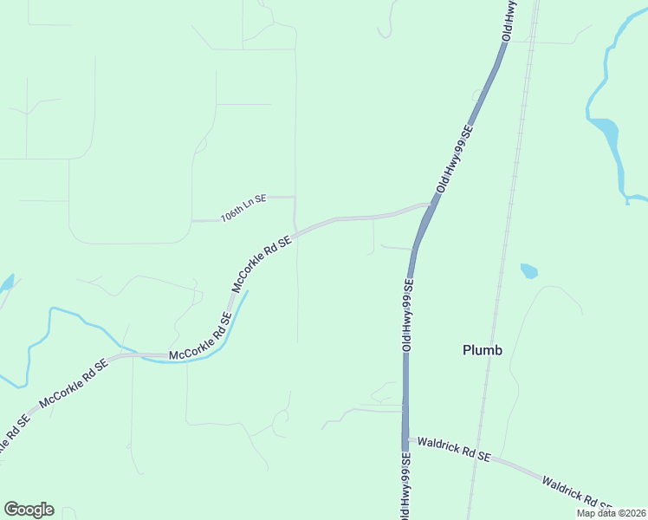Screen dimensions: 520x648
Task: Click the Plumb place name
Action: pyautogui.click(x=483, y=350)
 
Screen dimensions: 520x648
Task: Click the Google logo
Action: pyautogui.click(x=29, y=510)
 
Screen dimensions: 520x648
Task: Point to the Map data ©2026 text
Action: pyautogui.click(x=611, y=513)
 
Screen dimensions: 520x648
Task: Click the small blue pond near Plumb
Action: pyautogui.click(x=528, y=271)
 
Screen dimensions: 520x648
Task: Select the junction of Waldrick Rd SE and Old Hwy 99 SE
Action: pyautogui.click(x=405, y=439)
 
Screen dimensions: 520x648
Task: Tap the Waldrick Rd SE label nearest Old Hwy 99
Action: pyautogui.click(x=453, y=449)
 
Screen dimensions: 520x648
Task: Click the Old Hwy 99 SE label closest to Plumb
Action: pyautogui.click(x=406, y=314)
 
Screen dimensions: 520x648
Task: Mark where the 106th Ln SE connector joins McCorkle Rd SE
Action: pyautogui.click(x=296, y=230)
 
